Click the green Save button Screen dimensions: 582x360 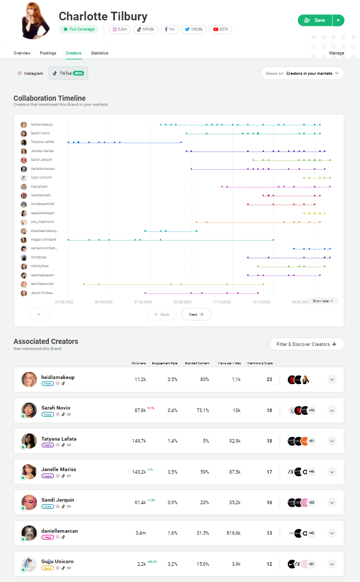point(315,20)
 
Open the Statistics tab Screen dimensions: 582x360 point(100,53)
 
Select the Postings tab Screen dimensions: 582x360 point(48,53)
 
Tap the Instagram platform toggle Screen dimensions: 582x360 point(31,73)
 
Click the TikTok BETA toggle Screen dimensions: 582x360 point(68,73)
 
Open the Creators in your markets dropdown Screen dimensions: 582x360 point(303,73)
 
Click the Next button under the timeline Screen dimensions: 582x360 point(196,314)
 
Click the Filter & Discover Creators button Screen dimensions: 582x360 point(307,344)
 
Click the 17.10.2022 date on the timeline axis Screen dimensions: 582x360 point(222,302)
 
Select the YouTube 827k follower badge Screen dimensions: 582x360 point(220,30)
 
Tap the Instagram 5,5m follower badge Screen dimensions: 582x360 point(119,30)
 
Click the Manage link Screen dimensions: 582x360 point(336,53)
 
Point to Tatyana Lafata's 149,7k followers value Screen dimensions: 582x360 point(140,441)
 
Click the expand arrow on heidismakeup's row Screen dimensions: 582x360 point(332,380)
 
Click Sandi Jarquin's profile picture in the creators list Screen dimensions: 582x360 point(29,502)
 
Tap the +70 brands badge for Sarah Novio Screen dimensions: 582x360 point(311,411)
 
